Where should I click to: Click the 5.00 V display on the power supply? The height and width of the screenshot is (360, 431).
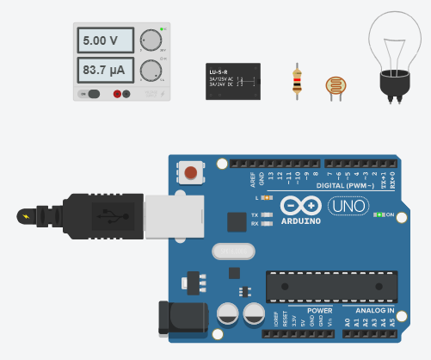click(106, 40)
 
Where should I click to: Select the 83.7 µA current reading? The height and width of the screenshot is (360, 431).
click(106, 69)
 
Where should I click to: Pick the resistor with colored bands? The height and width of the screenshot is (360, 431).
click(298, 80)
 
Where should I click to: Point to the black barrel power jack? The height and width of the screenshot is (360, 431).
click(177, 317)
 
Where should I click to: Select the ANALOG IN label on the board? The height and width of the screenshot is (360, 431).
click(369, 310)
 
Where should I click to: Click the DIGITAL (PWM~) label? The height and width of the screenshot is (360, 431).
click(342, 184)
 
